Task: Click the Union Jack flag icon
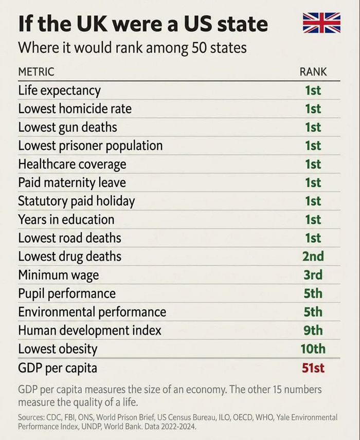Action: point(321,23)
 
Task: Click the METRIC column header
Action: point(36,72)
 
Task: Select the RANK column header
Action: point(313,72)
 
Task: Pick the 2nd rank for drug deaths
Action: point(313,256)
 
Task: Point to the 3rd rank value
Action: point(313,275)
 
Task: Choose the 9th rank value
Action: point(313,331)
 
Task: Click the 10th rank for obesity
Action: point(313,349)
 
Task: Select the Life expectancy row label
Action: point(59,90)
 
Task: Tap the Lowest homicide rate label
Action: point(75,109)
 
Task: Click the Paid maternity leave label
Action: point(71,183)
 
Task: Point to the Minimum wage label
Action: point(58,275)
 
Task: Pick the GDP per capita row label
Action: point(57,368)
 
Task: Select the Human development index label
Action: point(89,331)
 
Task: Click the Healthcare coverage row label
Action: point(72,164)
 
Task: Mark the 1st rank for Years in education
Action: point(313,219)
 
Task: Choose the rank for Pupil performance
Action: point(313,294)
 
